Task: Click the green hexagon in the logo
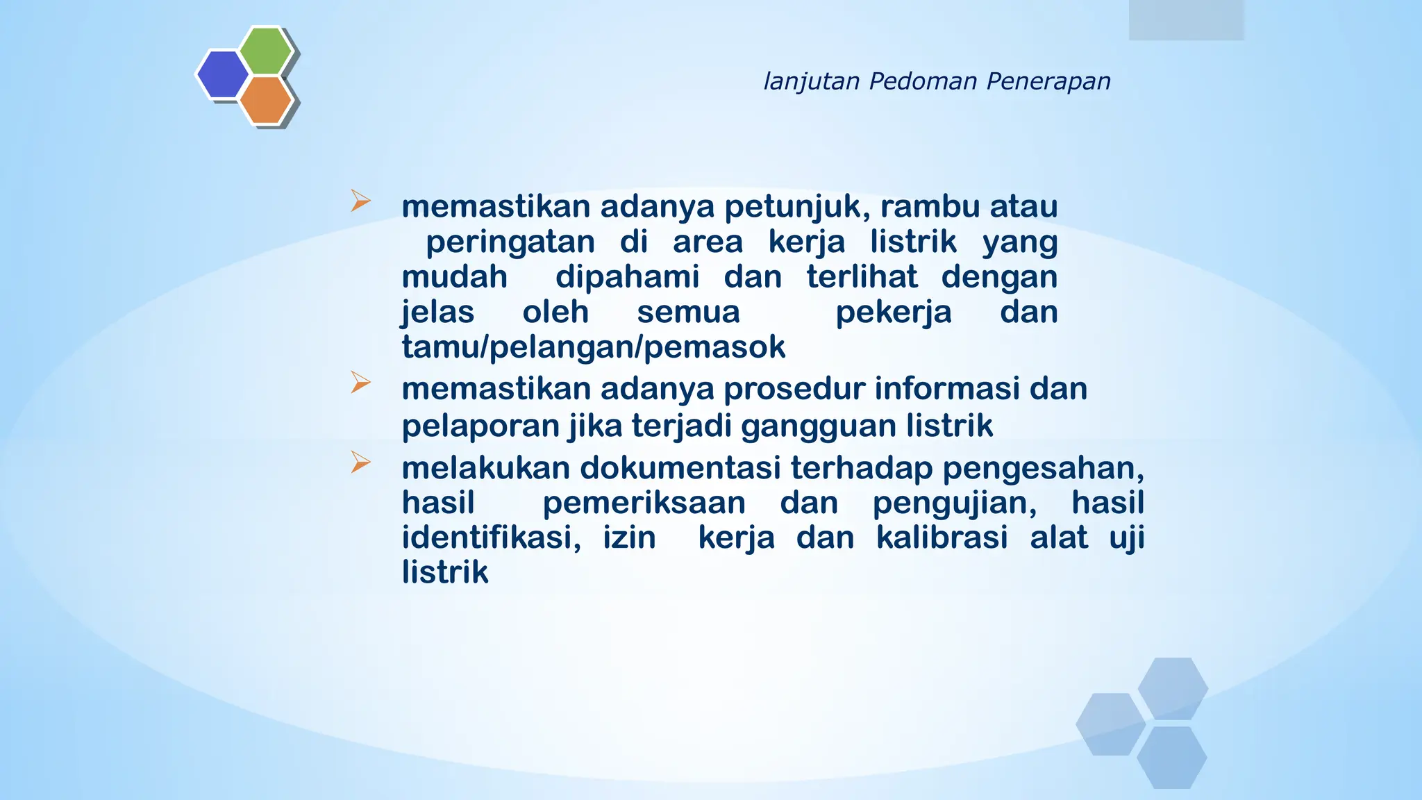point(266,50)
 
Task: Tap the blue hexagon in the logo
point(222,74)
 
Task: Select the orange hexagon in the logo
point(266,99)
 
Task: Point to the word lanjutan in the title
point(812,82)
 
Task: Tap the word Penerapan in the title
point(1048,82)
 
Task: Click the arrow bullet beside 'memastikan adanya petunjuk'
point(360,201)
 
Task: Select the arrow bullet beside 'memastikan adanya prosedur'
point(360,383)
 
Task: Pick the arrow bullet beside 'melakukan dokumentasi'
point(360,462)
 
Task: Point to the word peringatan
point(510,242)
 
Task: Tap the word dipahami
point(627,277)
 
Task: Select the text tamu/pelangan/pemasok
point(594,347)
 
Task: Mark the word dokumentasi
point(680,468)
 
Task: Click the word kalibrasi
point(942,537)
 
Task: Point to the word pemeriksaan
point(644,503)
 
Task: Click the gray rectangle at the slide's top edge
point(1186,19)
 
